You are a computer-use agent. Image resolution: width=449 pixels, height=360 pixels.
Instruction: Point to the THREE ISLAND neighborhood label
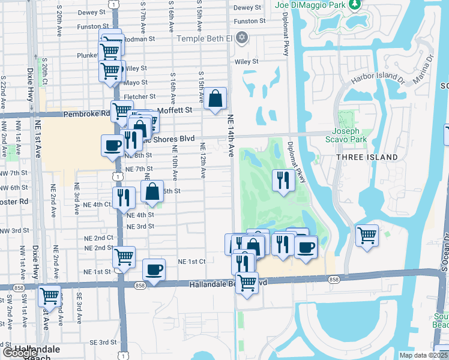pyautogui.click(x=367, y=157)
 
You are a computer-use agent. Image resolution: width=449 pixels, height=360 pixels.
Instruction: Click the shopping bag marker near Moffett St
pyautogui.click(x=215, y=99)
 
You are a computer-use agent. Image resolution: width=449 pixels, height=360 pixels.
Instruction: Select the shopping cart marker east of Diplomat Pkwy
pyautogui.click(x=367, y=235)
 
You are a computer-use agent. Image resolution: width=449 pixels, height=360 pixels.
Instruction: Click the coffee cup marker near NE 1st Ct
pyautogui.click(x=154, y=269)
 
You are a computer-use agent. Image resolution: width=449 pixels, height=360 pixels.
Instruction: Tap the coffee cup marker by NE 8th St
pyautogui.click(x=112, y=146)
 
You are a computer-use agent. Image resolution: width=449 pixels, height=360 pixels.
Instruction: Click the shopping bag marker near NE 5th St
pyautogui.click(x=152, y=191)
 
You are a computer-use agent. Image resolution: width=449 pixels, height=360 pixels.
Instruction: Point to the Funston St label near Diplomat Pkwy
pyautogui.click(x=250, y=21)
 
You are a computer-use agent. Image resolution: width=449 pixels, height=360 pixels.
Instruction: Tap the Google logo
pyautogui.click(x=20, y=353)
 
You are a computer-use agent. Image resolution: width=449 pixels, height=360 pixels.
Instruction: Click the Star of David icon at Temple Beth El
pyautogui.click(x=242, y=38)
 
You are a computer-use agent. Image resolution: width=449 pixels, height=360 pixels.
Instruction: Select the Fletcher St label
pyautogui.click(x=139, y=97)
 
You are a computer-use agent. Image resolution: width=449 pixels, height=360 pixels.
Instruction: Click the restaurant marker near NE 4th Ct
pyautogui.click(x=123, y=197)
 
